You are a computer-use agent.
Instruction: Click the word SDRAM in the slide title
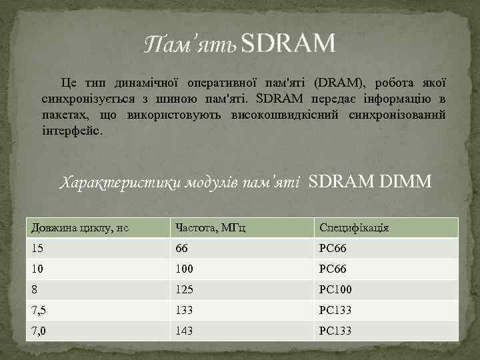[288, 44]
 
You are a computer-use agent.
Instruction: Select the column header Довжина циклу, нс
[79, 228]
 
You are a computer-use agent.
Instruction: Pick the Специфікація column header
[354, 228]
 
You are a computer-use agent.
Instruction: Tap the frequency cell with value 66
[181, 248]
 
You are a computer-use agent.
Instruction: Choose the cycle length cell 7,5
[39, 311]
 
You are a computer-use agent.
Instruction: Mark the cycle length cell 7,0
[39, 331]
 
